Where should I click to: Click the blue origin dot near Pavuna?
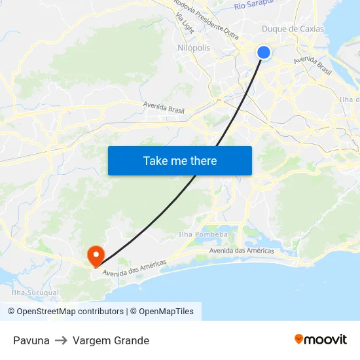click(263, 52)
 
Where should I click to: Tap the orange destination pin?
click(96, 255)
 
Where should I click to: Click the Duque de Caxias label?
click(293, 29)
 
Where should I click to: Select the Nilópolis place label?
click(194, 48)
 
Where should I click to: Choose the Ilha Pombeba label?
click(203, 234)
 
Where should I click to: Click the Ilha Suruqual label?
click(35, 293)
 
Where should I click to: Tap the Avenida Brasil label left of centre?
click(165, 105)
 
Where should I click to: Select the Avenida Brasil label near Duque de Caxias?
click(313, 63)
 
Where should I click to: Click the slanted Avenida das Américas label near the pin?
click(135, 268)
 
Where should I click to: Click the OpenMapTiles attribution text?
click(166, 312)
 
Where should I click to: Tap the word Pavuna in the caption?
click(31, 340)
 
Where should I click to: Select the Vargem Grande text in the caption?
click(111, 340)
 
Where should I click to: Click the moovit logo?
click(321, 340)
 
